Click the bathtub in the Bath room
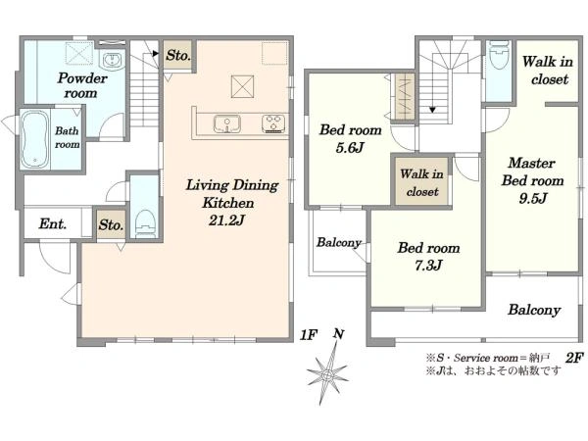[34, 139]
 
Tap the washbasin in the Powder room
[112, 60]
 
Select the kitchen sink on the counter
[227, 123]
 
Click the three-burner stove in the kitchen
[273, 123]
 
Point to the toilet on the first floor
[145, 223]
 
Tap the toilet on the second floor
[499, 55]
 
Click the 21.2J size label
[227, 220]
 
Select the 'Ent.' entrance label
[53, 224]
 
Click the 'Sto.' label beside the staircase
[178, 56]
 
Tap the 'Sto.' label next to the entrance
[111, 225]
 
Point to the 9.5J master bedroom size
[533, 198]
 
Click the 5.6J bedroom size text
[350, 148]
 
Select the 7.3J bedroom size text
[428, 266]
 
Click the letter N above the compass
[339, 333]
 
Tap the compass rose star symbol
[327, 373]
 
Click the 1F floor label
[309, 335]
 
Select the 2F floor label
[574, 358]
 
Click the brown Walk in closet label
[422, 183]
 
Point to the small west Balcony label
[339, 243]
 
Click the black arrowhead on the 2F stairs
[432, 110]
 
